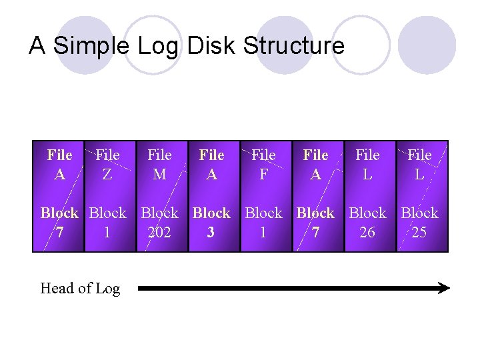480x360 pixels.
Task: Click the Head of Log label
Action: (x=80, y=289)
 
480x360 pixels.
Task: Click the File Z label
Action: (x=107, y=164)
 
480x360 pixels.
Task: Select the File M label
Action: (x=159, y=164)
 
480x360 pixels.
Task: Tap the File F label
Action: (x=263, y=164)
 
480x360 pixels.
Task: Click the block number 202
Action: (x=159, y=233)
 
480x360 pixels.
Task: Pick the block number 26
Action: (x=367, y=233)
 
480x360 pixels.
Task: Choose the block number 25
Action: (x=419, y=233)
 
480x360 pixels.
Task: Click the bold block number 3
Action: (x=211, y=233)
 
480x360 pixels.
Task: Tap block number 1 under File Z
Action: (x=107, y=233)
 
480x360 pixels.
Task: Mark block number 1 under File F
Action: (x=263, y=233)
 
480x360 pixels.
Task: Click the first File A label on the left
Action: (x=59, y=164)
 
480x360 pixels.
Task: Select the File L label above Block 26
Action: (x=367, y=164)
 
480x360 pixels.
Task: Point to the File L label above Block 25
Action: (x=419, y=164)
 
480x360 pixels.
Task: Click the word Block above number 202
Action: (x=159, y=213)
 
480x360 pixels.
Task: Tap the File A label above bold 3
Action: (x=211, y=164)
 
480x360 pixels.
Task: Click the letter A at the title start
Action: (x=37, y=46)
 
